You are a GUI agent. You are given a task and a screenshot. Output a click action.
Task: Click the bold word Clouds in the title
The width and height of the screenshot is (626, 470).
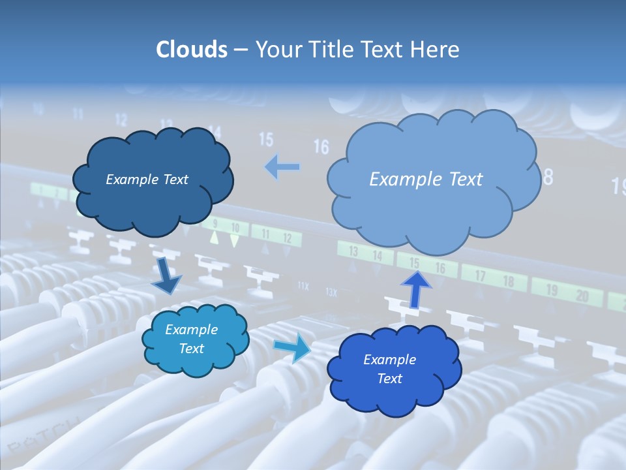pyautogui.click(x=191, y=50)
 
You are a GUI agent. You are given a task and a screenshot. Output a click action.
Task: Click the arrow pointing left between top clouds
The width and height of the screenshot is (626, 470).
pyautogui.click(x=282, y=167)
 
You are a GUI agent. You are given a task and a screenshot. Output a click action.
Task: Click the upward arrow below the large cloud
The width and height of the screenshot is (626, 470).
pyautogui.click(x=415, y=289)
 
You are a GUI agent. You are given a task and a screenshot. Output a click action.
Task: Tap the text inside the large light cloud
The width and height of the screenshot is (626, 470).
pyautogui.click(x=426, y=179)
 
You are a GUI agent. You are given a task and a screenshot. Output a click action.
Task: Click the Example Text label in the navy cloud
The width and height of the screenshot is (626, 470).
pyautogui.click(x=147, y=179)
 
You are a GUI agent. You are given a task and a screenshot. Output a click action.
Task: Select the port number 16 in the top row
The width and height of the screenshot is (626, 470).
pyautogui.click(x=321, y=146)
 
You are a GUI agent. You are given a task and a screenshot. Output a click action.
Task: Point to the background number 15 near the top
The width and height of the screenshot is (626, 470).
pyautogui.click(x=266, y=138)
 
